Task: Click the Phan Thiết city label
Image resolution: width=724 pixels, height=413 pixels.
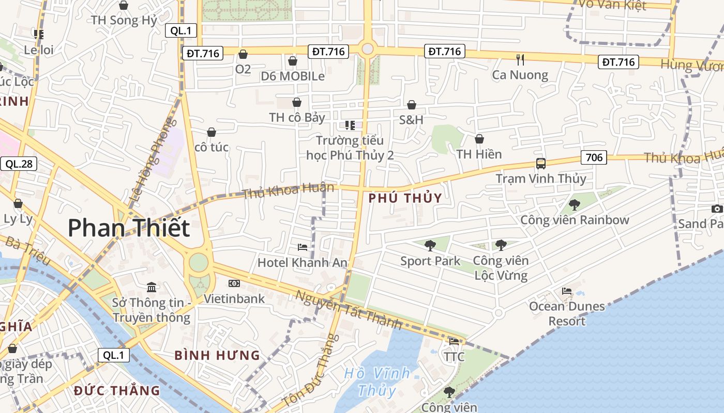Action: click(129, 228)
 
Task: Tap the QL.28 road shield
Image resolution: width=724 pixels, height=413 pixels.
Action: click(19, 164)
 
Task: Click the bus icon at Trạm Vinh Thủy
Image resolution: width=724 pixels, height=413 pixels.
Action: click(541, 164)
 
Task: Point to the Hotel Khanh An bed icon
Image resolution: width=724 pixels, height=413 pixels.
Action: click(303, 247)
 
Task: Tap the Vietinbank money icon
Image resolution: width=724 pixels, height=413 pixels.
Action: click(234, 283)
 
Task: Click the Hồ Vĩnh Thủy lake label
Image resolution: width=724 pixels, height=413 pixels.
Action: click(377, 381)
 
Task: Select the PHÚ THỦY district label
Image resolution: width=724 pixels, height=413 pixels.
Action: click(405, 198)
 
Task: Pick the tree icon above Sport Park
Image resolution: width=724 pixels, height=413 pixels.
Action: click(430, 245)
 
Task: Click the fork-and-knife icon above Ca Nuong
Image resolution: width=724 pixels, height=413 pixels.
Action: click(520, 60)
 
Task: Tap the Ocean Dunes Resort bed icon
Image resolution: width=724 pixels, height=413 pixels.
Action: click(567, 291)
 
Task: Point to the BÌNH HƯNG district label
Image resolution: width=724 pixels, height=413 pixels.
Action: click(217, 355)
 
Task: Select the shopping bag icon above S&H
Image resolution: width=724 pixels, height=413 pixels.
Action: click(412, 105)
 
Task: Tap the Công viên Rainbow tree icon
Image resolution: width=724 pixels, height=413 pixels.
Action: click(574, 205)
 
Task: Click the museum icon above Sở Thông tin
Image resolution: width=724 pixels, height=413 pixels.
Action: click(152, 287)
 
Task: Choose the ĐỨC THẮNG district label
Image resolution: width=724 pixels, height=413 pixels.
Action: click(117, 390)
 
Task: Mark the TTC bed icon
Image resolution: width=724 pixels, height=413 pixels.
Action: click(454, 341)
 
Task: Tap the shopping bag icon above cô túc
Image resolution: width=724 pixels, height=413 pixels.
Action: click(211, 132)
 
